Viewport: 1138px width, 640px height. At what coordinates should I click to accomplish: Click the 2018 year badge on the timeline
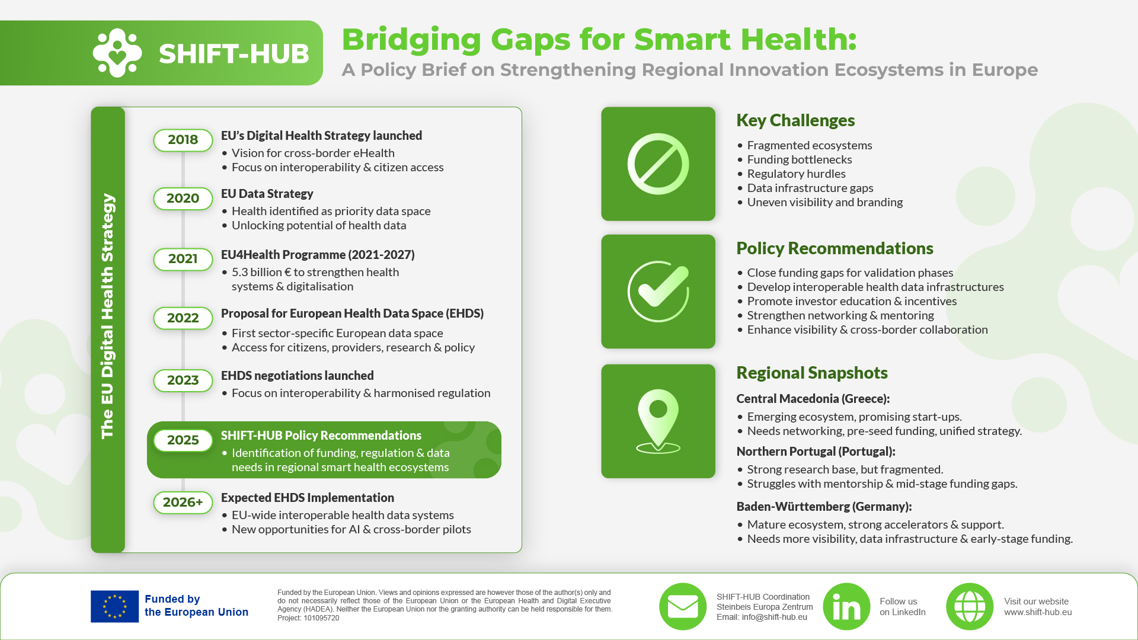tap(183, 140)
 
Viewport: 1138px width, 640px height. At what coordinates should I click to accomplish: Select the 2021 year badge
tap(183, 259)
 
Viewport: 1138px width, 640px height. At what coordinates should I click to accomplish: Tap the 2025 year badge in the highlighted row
tap(183, 440)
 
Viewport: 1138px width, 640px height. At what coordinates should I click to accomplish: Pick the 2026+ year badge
tap(183, 503)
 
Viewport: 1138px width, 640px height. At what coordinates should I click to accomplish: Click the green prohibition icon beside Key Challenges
tap(658, 164)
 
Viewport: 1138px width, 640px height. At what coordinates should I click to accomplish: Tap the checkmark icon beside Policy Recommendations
tap(658, 292)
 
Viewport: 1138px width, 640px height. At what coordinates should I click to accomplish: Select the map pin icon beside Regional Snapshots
tap(658, 421)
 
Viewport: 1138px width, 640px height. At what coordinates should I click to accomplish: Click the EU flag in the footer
tap(114, 606)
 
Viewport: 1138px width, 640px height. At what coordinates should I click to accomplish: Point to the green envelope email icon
tap(683, 606)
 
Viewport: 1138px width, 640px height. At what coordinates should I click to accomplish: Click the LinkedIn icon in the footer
tap(846, 606)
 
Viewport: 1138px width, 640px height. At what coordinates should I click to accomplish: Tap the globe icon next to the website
tap(970, 606)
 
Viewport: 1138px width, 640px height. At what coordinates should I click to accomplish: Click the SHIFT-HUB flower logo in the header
tap(117, 53)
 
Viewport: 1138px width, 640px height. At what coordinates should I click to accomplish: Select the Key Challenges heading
tap(795, 120)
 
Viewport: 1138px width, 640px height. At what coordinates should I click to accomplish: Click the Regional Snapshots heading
tap(812, 373)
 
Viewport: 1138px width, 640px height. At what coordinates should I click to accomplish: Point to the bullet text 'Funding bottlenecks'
tap(799, 159)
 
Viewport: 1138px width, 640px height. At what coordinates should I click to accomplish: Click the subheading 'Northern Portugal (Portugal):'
tap(816, 452)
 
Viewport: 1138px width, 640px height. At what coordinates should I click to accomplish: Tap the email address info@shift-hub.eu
tap(774, 617)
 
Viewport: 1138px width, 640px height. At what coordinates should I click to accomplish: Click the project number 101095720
tap(321, 618)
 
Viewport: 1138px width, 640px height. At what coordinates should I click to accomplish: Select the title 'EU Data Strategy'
tap(267, 194)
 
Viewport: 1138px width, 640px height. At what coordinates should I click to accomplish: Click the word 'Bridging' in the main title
tap(411, 40)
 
